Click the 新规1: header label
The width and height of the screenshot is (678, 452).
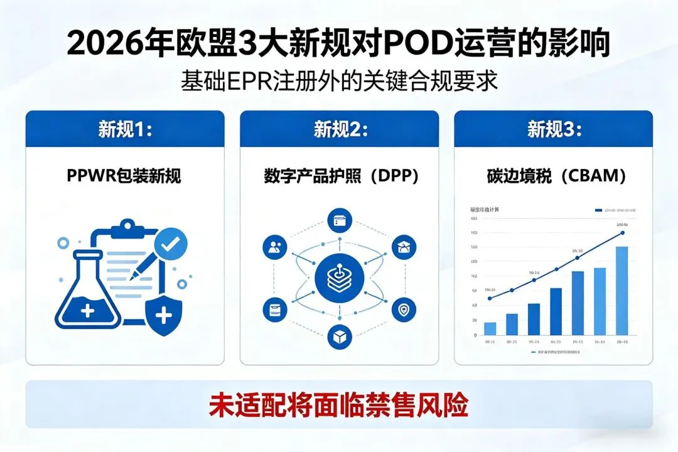[x=125, y=129]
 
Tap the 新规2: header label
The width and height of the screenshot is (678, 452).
[x=340, y=129]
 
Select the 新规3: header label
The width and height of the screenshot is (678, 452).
[x=554, y=129]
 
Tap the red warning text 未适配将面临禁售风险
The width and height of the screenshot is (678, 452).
[x=339, y=404]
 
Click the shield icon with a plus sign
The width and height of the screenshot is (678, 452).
[x=163, y=314]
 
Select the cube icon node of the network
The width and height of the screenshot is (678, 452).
[x=340, y=337]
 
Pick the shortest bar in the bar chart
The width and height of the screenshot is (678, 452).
[x=490, y=328]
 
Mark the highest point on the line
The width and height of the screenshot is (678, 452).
[x=622, y=233]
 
